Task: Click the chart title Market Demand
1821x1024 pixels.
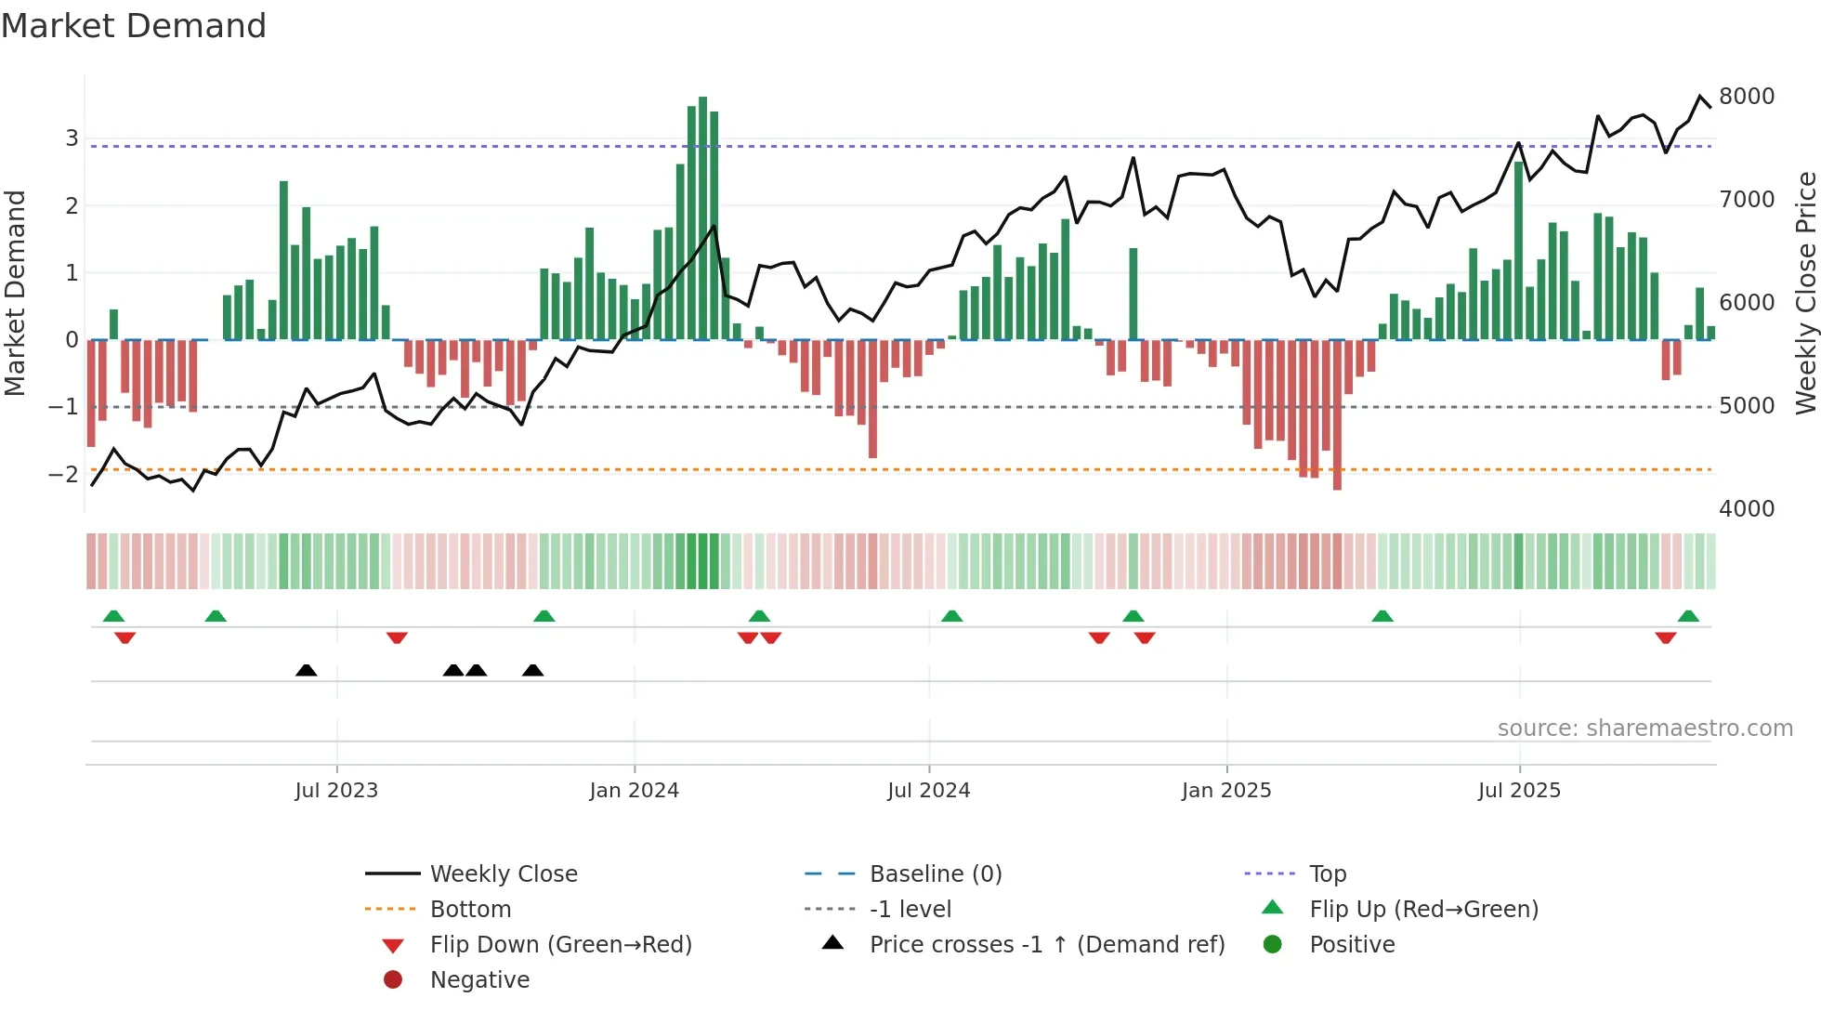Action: click(x=134, y=26)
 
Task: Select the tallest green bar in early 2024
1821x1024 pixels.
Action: click(x=702, y=218)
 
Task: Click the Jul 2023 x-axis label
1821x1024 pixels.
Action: click(x=336, y=791)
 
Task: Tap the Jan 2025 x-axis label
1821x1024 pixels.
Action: click(x=1226, y=791)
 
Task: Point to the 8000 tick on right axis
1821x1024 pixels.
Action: click(x=1746, y=97)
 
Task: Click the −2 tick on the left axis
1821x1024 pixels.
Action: click(x=63, y=474)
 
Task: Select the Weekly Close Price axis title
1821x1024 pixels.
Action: click(x=1805, y=293)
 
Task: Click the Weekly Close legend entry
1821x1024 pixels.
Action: click(x=503, y=873)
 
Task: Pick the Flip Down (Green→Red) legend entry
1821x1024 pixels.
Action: click(x=560, y=944)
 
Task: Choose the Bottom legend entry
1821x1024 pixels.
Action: click(x=470, y=909)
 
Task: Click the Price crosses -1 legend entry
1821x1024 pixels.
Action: click(x=1046, y=944)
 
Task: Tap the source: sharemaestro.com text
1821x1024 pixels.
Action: click(x=1644, y=729)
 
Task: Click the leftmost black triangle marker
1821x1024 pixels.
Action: click(x=306, y=670)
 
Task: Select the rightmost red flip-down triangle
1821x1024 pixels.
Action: click(x=1665, y=638)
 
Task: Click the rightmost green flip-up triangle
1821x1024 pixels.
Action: click(x=1688, y=616)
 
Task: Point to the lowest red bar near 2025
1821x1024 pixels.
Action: click(x=1337, y=414)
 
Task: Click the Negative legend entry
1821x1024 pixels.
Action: click(x=479, y=979)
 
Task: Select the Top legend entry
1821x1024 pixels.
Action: click(x=1327, y=873)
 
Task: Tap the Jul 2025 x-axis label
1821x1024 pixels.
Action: click(x=1519, y=791)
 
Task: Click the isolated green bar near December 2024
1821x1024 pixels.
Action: click(x=1133, y=294)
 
